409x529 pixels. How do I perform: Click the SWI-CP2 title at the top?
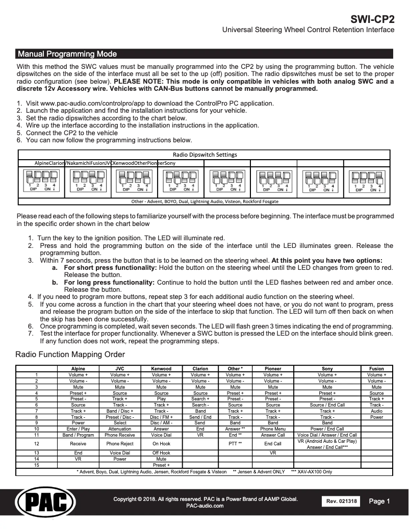pyautogui.click(x=372, y=20)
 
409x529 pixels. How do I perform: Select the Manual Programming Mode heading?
pyautogui.click(x=67, y=54)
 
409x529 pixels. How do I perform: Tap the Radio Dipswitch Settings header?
pyautogui.click(x=205, y=155)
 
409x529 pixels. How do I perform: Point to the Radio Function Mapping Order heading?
pyautogui.click(x=70, y=354)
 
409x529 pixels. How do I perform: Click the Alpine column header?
pyautogui.click(x=78, y=368)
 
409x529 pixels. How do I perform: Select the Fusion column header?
pyautogui.click(x=376, y=368)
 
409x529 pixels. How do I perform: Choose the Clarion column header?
pyautogui.click(x=200, y=368)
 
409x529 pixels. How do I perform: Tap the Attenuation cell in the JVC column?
pyautogui.click(x=120, y=429)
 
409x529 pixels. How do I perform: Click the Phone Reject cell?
pyautogui.click(x=120, y=444)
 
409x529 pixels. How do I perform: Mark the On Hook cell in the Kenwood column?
pyautogui.click(x=161, y=444)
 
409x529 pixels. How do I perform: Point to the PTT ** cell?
pyautogui.click(x=235, y=444)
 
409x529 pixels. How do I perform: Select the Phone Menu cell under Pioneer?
pyautogui.click(x=273, y=429)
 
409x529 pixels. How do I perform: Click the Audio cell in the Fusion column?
pyautogui.click(x=376, y=411)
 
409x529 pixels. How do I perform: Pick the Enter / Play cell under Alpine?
pyautogui.click(x=78, y=429)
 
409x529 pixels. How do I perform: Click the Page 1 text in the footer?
pyautogui.click(x=379, y=501)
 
